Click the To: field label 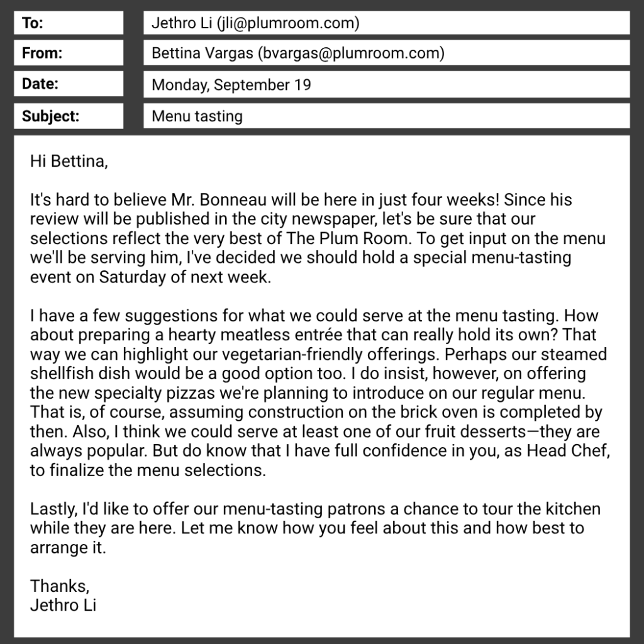click(33, 23)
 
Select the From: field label click(42, 53)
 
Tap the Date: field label click(40, 84)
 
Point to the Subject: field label click(50, 116)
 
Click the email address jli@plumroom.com click(287, 23)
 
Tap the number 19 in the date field click(303, 84)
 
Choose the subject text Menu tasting click(197, 116)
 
